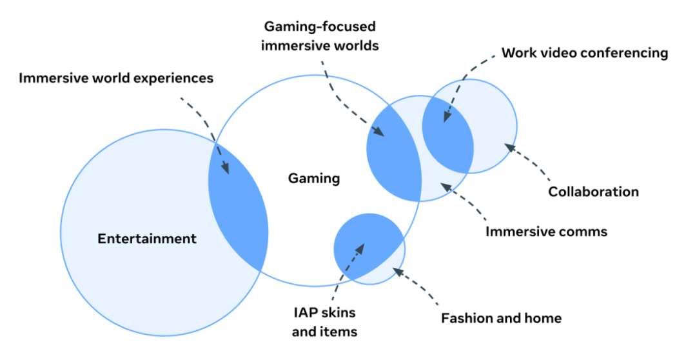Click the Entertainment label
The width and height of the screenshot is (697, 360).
point(147,239)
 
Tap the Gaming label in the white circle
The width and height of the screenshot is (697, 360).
point(313,179)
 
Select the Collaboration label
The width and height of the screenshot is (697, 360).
point(593,192)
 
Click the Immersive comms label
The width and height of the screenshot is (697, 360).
point(546,231)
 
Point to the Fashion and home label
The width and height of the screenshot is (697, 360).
point(501,318)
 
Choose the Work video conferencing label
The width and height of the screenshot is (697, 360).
point(584,53)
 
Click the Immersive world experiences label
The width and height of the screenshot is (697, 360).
point(116,79)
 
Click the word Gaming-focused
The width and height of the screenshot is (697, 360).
point(320,28)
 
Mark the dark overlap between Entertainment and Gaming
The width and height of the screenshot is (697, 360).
point(240,206)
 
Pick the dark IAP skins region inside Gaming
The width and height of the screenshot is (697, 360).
point(364,245)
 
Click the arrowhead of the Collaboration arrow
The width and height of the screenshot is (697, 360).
point(508,146)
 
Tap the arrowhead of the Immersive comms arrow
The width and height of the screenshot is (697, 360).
point(442,185)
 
